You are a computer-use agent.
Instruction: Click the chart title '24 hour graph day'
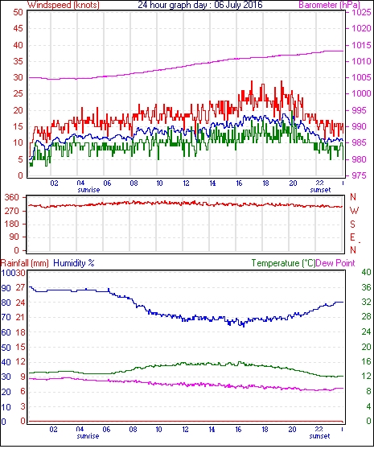(x=175, y=5)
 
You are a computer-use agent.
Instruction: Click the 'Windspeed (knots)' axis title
(x=64, y=5)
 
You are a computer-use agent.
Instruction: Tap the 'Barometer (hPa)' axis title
(x=330, y=5)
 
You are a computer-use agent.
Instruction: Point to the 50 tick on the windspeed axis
(x=18, y=12)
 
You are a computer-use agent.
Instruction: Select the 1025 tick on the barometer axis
(x=361, y=12)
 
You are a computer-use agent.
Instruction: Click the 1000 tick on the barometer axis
(x=361, y=93)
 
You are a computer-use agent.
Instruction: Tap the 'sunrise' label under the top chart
(x=88, y=190)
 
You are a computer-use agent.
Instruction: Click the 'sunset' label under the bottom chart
(x=319, y=436)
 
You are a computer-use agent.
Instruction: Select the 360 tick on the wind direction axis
(x=11, y=198)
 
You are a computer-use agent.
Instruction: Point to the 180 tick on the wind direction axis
(x=11, y=224)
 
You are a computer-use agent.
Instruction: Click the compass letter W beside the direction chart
(x=354, y=211)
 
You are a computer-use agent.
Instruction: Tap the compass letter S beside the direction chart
(x=352, y=224)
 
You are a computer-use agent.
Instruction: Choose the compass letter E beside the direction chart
(x=352, y=237)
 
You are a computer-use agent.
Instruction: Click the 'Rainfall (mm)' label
(x=25, y=263)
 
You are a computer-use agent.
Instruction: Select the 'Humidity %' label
(x=74, y=263)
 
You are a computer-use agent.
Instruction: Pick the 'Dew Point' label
(x=335, y=263)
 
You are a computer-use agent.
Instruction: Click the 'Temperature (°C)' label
(x=283, y=263)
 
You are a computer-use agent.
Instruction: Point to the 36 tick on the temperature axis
(x=366, y=287)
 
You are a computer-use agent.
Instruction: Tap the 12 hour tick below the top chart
(x=186, y=183)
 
